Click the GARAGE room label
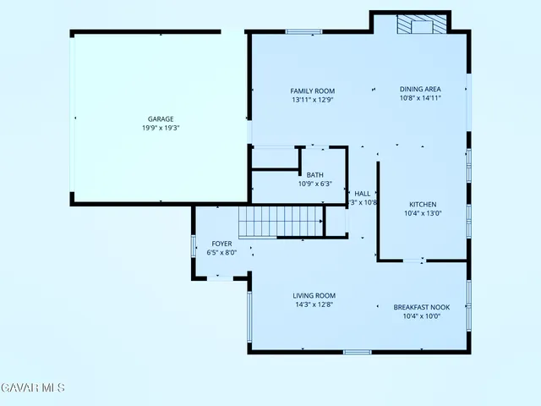tap(161, 119)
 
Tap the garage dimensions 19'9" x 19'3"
tap(161, 129)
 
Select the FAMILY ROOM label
tap(313, 91)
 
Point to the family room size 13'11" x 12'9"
tap(313, 99)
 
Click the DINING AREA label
tap(420, 89)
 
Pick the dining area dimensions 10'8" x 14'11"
tap(420, 98)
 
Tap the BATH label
tap(314, 175)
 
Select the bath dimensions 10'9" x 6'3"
tap(314, 184)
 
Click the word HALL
tap(363, 194)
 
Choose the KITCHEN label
tap(423, 205)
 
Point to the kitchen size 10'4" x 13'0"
tap(423, 214)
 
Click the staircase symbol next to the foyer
tap(281, 222)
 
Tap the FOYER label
tap(221, 244)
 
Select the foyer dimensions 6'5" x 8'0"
tap(221, 252)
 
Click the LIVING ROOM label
tap(314, 296)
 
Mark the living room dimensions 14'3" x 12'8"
tap(314, 304)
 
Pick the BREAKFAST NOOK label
tap(422, 307)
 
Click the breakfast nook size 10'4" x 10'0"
tap(422, 316)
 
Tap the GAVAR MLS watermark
tap(32, 387)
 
